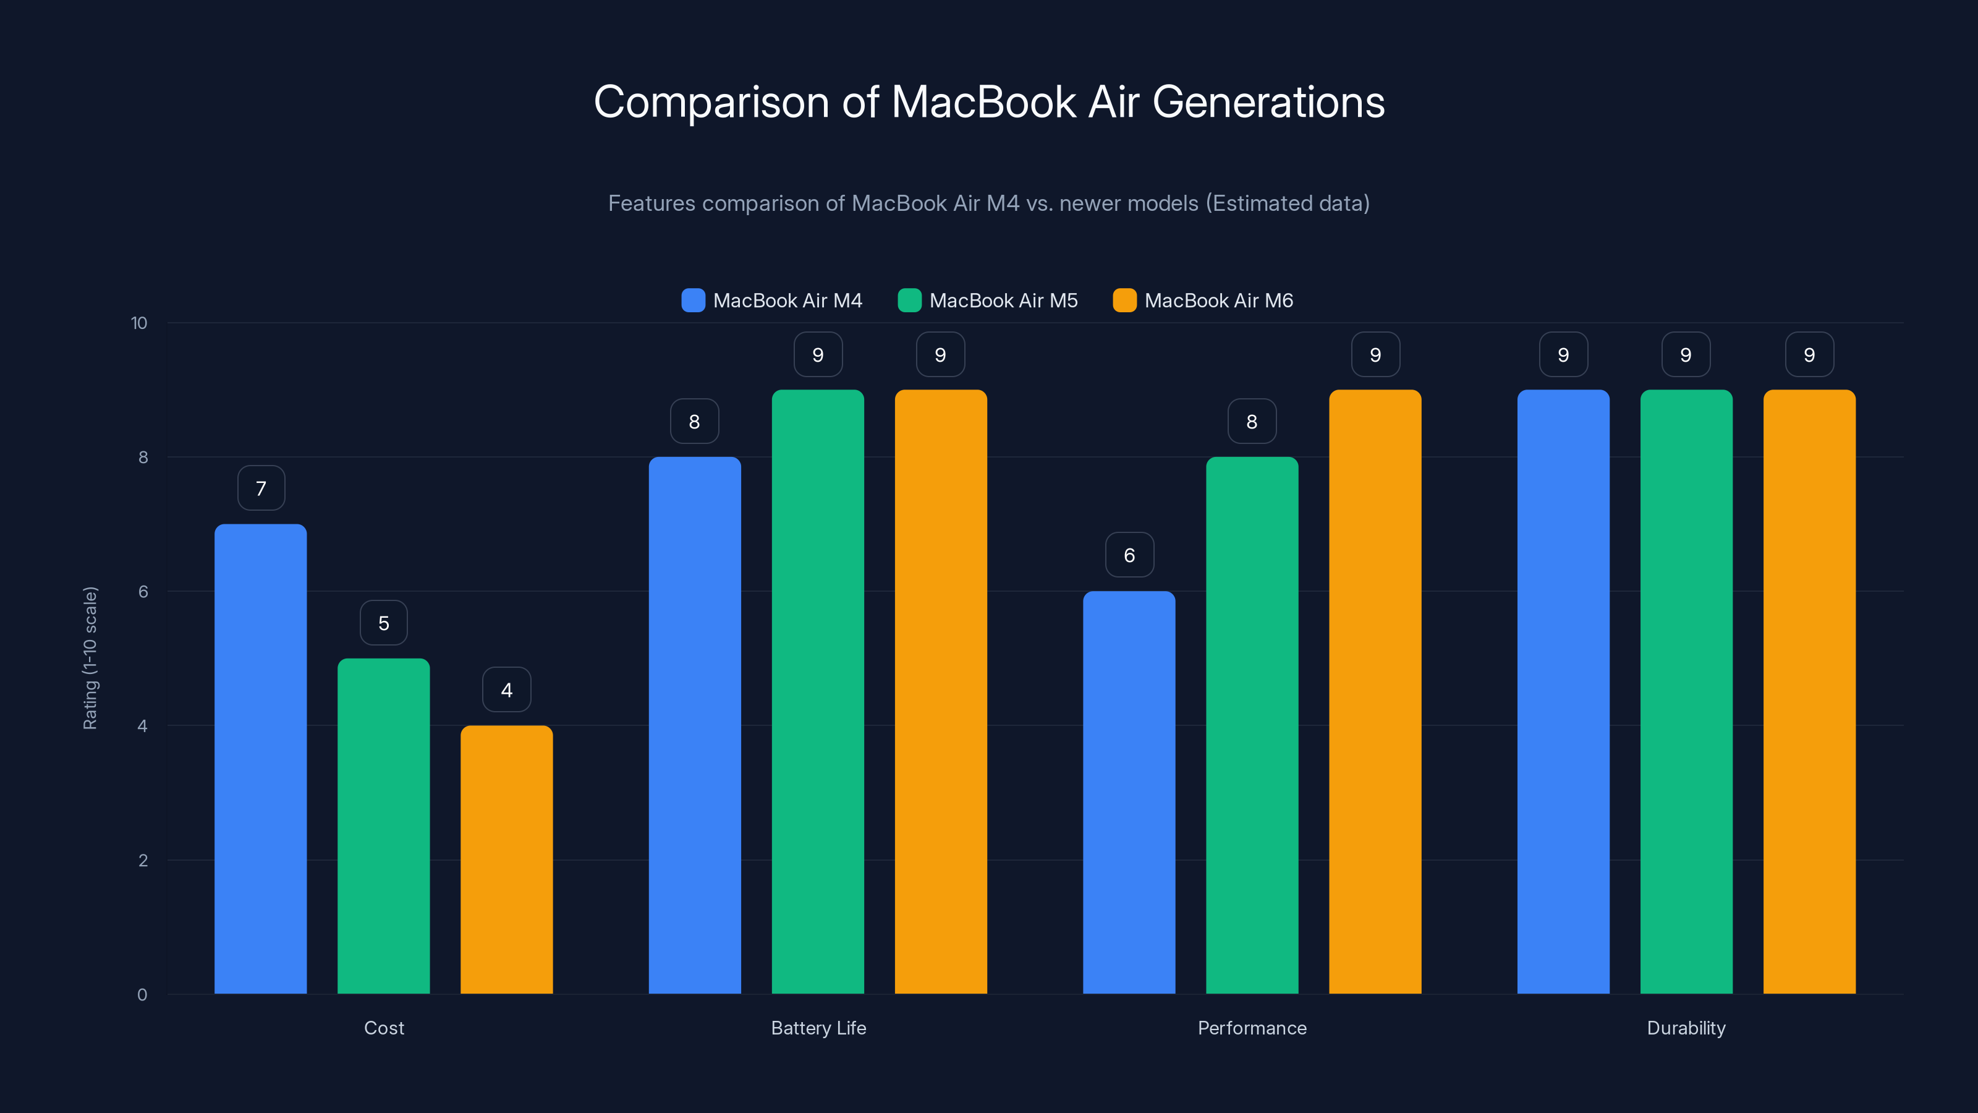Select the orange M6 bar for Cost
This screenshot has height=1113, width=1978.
click(x=506, y=859)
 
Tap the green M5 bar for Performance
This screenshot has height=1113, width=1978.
click(x=1252, y=725)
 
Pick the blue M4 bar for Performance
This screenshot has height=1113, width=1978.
click(x=1129, y=792)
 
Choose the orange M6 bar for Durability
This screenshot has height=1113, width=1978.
click(x=1809, y=691)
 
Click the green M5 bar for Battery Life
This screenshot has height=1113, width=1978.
click(x=818, y=691)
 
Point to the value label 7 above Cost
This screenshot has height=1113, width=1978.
click(x=261, y=488)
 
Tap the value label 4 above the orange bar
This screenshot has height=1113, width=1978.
click(x=507, y=690)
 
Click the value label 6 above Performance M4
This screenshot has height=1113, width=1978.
click(x=1129, y=555)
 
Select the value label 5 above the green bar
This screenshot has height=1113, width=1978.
click(x=384, y=623)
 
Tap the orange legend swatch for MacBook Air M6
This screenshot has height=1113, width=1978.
click(x=1124, y=301)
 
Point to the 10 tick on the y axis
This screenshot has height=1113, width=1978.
click(x=139, y=323)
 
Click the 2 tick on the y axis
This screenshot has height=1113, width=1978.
click(x=143, y=860)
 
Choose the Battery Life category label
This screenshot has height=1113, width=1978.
click(x=818, y=1028)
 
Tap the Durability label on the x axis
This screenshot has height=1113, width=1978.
click(x=1686, y=1028)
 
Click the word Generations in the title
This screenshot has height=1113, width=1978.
click(x=1268, y=102)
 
